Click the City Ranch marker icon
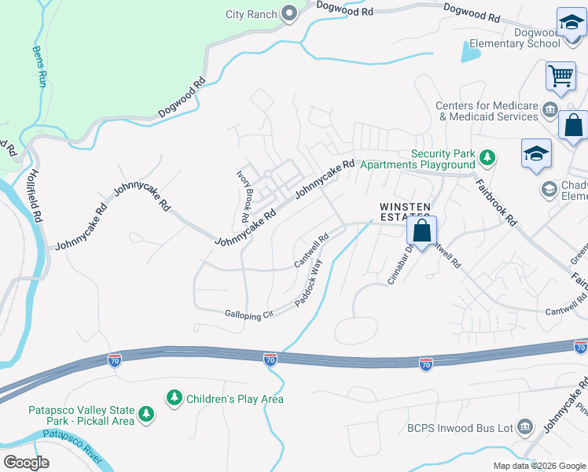288,13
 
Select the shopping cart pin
560,77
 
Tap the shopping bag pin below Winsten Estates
421,231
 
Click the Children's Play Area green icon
174,399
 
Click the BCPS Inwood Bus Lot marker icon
525,428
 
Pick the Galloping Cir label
248,314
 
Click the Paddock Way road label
309,282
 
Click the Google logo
26,463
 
